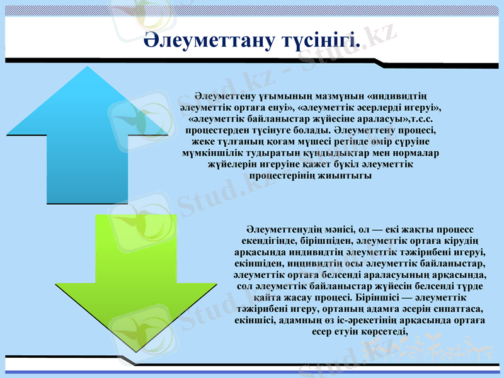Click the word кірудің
pos(464,241)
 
